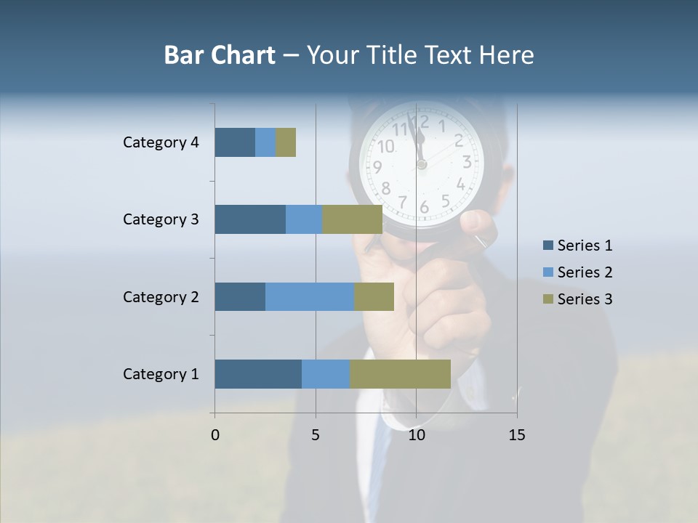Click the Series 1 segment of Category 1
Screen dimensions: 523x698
[258, 374]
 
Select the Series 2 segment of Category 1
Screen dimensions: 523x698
[326, 374]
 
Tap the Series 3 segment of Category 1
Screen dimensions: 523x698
[400, 374]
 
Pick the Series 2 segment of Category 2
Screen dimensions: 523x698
[310, 296]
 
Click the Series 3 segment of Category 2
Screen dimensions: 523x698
[374, 296]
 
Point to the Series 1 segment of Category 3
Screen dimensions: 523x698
[250, 219]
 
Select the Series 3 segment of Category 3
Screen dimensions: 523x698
[353, 219]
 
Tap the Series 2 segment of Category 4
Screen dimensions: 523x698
[265, 142]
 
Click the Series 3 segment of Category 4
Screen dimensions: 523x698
[286, 142]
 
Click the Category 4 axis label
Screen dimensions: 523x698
[161, 142]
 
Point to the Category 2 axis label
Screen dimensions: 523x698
[161, 297]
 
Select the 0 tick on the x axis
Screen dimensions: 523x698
[215, 435]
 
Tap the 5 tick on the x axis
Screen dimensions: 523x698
[316, 435]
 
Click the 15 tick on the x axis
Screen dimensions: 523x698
[517, 435]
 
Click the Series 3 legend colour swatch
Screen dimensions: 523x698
[547, 299]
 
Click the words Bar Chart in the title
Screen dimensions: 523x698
[220, 55]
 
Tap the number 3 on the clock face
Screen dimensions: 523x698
[467, 162]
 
